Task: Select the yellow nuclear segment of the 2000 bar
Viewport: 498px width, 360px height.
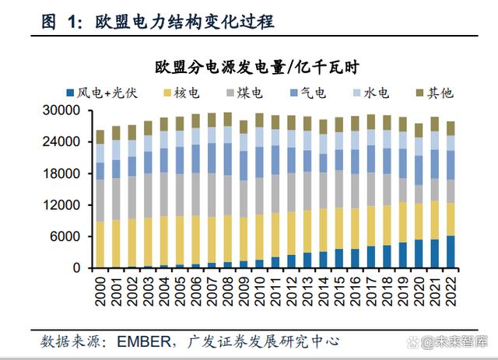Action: (100, 244)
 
